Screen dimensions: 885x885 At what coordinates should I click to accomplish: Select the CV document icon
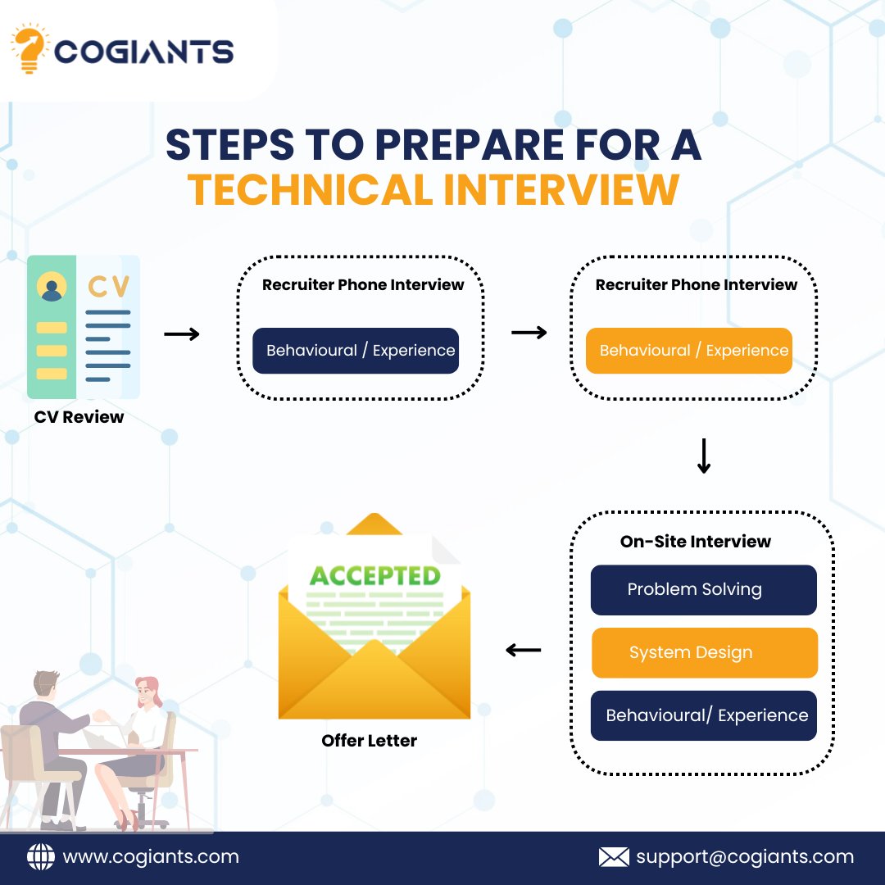pyautogui.click(x=84, y=327)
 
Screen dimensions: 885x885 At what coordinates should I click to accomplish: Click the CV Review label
pyautogui.click(x=79, y=417)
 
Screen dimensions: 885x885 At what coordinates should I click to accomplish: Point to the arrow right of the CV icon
pyautogui.click(x=182, y=334)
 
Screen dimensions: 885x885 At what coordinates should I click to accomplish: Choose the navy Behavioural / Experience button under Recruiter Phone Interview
pyautogui.click(x=356, y=351)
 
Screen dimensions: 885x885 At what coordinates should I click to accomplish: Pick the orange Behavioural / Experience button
pyautogui.click(x=689, y=351)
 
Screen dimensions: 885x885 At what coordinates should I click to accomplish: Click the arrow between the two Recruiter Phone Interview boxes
pyautogui.click(x=529, y=333)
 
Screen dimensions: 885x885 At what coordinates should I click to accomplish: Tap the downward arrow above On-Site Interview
pyautogui.click(x=703, y=456)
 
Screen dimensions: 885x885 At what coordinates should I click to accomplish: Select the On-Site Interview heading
pyautogui.click(x=695, y=542)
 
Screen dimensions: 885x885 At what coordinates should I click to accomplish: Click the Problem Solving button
pyautogui.click(x=703, y=590)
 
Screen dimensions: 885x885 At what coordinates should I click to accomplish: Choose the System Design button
pyautogui.click(x=704, y=653)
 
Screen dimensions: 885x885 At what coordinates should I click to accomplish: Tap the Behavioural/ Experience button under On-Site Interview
pyautogui.click(x=703, y=715)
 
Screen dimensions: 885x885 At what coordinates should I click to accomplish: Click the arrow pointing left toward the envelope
pyautogui.click(x=523, y=651)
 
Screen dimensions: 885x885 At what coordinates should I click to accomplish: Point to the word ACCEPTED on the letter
pyautogui.click(x=374, y=575)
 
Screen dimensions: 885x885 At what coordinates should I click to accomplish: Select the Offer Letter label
pyautogui.click(x=369, y=741)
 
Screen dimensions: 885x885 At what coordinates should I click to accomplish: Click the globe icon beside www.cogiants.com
pyautogui.click(x=41, y=857)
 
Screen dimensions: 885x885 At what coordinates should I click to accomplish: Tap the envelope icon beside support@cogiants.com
pyautogui.click(x=614, y=857)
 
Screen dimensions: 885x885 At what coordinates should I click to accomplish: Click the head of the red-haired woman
pyautogui.click(x=147, y=691)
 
